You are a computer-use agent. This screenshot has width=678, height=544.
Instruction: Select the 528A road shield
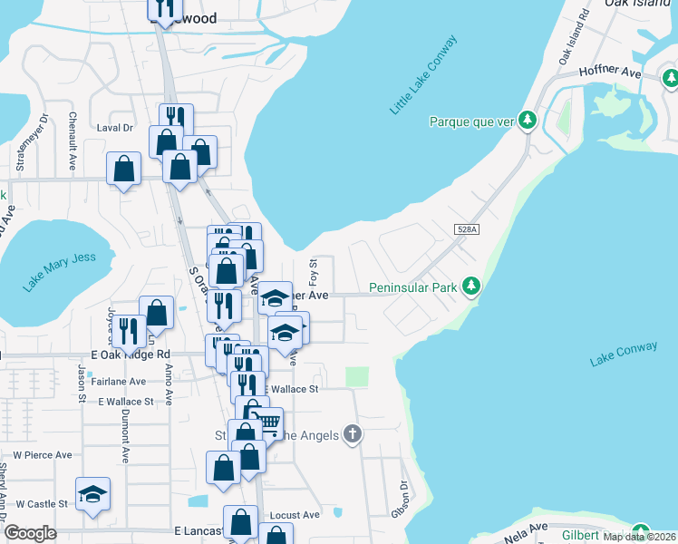(466, 232)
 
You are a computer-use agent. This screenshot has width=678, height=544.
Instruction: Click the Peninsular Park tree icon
(470, 287)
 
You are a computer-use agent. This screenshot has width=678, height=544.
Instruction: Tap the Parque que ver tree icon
(527, 121)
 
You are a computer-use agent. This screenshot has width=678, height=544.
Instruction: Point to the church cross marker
(353, 435)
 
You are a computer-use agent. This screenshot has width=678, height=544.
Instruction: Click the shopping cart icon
(268, 423)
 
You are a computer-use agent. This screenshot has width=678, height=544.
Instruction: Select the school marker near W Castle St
(92, 494)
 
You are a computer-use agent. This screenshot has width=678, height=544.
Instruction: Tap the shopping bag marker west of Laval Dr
(123, 169)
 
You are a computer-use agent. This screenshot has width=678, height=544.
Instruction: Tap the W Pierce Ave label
(42, 455)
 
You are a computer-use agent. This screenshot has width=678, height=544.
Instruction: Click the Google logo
(30, 533)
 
